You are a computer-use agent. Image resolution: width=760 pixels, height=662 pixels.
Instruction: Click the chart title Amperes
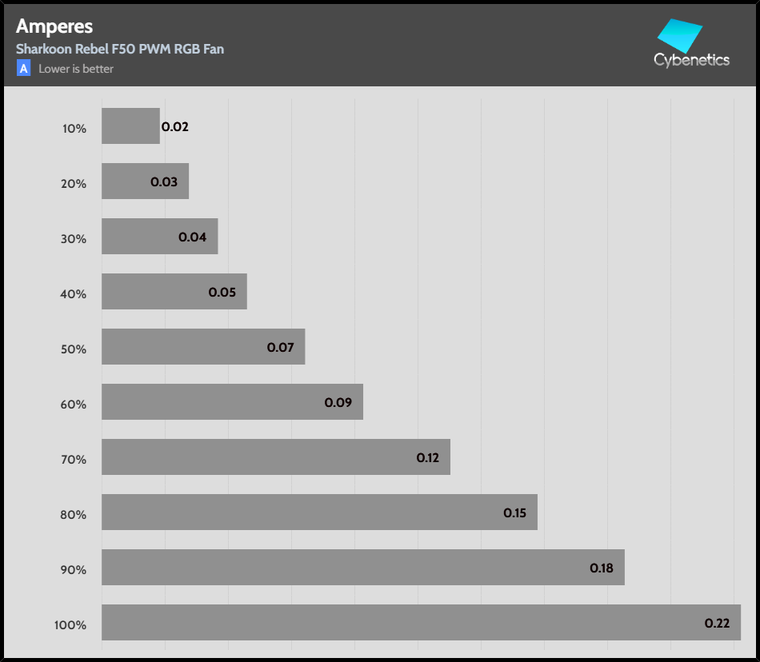click(54, 26)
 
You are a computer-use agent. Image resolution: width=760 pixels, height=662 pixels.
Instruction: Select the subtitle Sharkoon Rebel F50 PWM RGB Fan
click(120, 49)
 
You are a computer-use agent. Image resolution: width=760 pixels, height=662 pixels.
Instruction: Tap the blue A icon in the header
click(24, 69)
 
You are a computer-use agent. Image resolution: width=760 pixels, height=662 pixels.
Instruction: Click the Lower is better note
click(76, 69)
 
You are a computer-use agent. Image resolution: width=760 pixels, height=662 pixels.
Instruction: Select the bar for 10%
click(130, 126)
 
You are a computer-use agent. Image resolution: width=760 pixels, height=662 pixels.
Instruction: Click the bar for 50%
click(203, 347)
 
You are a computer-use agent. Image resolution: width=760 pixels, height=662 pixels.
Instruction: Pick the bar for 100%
click(421, 622)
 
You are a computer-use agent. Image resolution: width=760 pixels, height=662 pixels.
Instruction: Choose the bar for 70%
click(275, 457)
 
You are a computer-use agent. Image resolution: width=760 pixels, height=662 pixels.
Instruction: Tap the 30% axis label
click(74, 238)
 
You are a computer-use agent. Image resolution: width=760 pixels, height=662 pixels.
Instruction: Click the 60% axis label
click(74, 404)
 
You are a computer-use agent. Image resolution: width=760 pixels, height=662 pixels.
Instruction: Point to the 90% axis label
click(74, 569)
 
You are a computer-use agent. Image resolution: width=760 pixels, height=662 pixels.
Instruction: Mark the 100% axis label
click(70, 624)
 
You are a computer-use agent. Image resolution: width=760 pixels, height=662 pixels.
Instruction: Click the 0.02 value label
click(175, 126)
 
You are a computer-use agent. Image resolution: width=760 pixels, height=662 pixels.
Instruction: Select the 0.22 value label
click(717, 623)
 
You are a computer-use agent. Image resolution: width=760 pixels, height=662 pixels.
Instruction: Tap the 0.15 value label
click(514, 512)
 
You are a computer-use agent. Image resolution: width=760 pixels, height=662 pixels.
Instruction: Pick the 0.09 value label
click(338, 402)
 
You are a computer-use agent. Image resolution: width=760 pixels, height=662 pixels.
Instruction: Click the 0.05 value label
click(222, 292)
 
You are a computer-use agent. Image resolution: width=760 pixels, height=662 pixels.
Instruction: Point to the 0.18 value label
click(602, 568)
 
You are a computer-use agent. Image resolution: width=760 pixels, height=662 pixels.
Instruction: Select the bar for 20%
click(145, 181)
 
